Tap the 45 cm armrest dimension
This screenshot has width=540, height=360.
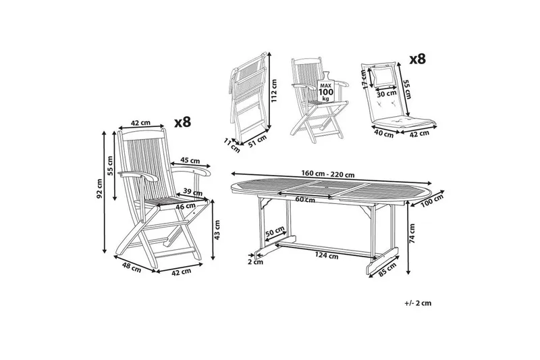190,161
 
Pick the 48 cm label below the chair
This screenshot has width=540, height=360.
131,268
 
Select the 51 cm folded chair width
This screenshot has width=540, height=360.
257,140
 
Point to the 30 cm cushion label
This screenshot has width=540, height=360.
385,94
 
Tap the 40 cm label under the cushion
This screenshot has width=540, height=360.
383,133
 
